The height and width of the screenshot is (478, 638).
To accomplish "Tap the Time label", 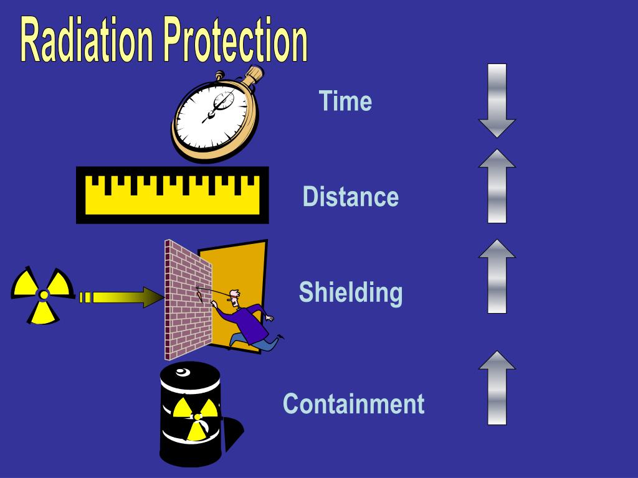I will (x=345, y=101).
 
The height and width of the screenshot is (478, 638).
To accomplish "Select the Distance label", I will (x=350, y=197).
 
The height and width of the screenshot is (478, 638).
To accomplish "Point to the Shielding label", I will (x=350, y=293).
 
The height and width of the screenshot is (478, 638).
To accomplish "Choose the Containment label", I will (x=353, y=403).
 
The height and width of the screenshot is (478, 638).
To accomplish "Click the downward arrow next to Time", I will (x=497, y=100).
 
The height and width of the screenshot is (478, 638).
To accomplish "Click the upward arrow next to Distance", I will (x=497, y=186).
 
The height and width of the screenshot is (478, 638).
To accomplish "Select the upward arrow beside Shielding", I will (x=497, y=276).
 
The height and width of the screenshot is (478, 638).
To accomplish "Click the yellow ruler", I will (x=172, y=195).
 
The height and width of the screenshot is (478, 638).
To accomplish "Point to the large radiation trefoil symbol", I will (x=42, y=294).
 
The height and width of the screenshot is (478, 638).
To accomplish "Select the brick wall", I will (x=187, y=299).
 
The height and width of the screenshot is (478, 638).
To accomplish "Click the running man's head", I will (x=234, y=298).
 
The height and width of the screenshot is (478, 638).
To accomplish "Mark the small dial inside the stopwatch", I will (x=222, y=100).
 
